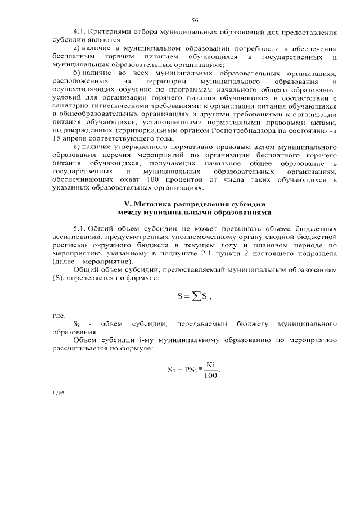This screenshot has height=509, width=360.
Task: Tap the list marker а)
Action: tap(78, 49)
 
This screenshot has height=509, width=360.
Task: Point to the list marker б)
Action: tap(78, 74)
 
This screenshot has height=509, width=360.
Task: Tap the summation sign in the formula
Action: tap(196, 296)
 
